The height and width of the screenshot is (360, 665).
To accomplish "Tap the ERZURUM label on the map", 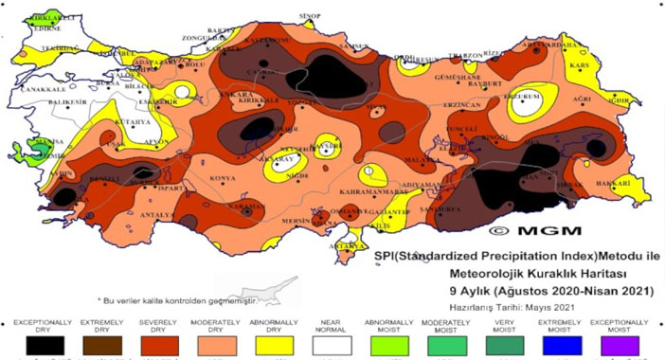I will [524, 96].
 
